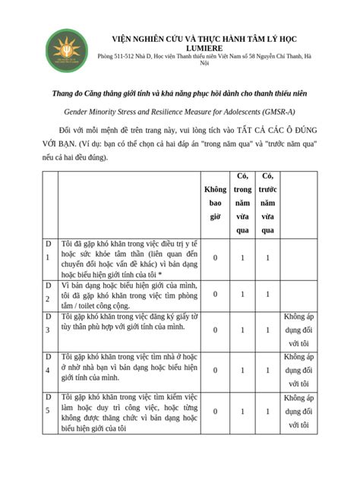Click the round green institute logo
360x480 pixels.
coord(67,49)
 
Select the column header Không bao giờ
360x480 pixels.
coord(215,203)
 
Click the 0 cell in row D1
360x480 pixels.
coord(215,258)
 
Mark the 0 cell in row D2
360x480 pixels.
coord(215,294)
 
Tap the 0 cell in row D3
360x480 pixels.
coord(215,330)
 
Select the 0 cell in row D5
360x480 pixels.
coord(215,412)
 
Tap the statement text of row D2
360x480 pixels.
coord(125,295)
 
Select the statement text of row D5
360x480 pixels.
coord(125,412)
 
